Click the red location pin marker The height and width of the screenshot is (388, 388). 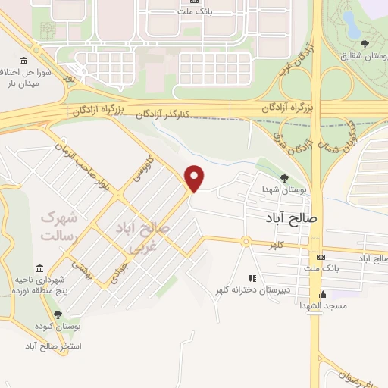point(196,177)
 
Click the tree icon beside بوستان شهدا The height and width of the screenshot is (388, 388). point(284,178)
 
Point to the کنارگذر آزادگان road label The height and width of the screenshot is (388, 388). point(173,114)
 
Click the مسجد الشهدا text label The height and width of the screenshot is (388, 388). point(323,305)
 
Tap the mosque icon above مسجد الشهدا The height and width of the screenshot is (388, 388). point(323,294)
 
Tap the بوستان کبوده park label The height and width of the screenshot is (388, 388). point(58,326)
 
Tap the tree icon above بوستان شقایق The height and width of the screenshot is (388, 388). point(365,44)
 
